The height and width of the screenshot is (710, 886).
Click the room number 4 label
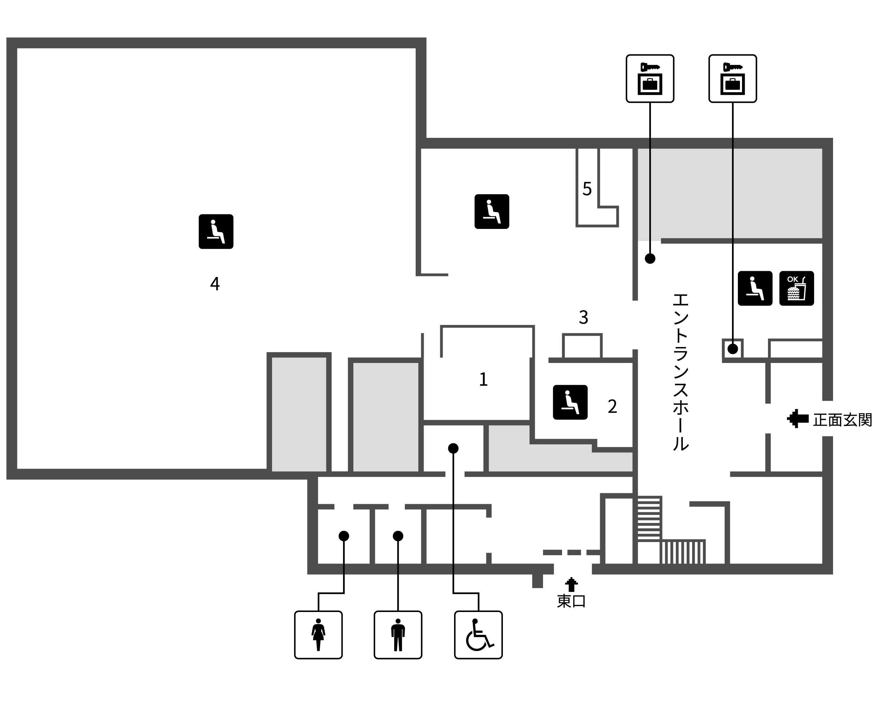(215, 284)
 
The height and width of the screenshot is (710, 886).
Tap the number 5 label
(587, 189)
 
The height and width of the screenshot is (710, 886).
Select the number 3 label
(584, 317)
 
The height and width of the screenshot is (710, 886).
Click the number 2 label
(612, 406)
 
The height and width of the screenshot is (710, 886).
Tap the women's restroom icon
(318, 635)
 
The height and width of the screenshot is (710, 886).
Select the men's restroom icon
(398, 635)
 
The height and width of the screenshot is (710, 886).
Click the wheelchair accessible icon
(478, 635)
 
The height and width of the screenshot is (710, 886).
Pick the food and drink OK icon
(797, 289)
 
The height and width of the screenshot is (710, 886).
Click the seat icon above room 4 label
(216, 232)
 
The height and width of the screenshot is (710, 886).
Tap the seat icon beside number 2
(570, 402)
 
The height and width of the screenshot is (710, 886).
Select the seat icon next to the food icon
(755, 289)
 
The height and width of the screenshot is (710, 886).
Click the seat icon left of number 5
(492, 211)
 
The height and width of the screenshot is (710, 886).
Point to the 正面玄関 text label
(842, 420)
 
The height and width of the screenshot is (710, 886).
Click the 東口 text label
(571, 601)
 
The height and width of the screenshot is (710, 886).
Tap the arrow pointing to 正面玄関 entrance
(798, 419)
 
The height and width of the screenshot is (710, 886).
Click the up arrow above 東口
(571, 585)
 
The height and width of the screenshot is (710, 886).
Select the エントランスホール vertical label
(680, 372)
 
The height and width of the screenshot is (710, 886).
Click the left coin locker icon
(650, 79)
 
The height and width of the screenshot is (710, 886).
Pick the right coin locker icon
(733, 79)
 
